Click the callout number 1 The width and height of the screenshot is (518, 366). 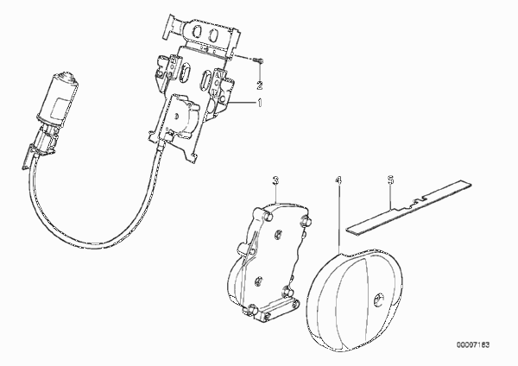point(260,103)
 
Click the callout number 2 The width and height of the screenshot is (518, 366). point(260,85)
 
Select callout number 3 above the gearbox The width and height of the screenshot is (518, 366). point(276,180)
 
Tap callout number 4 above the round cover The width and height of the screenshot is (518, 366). point(338,180)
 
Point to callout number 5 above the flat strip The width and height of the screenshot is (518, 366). point(390,180)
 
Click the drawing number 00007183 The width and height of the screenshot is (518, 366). point(473,345)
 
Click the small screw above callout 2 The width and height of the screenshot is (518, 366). point(258,60)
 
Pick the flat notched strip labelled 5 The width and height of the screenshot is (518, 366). point(409,208)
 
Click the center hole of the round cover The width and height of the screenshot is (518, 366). point(378,300)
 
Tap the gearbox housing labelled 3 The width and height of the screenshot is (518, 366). point(266,262)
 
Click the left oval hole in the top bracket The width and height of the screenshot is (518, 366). point(198,32)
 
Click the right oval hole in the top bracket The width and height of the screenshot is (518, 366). point(213,35)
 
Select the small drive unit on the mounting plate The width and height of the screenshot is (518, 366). point(182,115)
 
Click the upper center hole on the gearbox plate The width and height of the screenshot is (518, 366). point(278,234)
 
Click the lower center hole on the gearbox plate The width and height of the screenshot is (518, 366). point(258,281)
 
